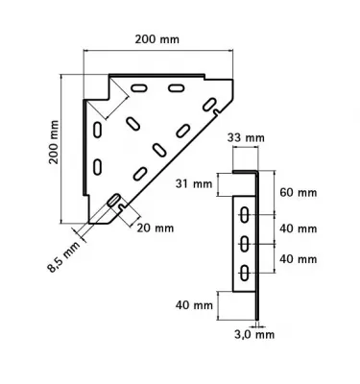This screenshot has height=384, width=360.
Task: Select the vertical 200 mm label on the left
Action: click(x=55, y=144)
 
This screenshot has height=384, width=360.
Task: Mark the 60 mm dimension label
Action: click(x=300, y=192)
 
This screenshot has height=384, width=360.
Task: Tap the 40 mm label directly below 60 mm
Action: click(x=300, y=228)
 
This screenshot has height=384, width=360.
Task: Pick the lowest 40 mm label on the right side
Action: click(x=300, y=258)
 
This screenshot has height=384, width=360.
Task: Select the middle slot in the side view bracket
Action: click(x=246, y=242)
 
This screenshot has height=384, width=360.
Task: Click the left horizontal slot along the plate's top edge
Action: click(x=140, y=88)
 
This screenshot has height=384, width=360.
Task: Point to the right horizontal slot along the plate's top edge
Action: click(x=178, y=88)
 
